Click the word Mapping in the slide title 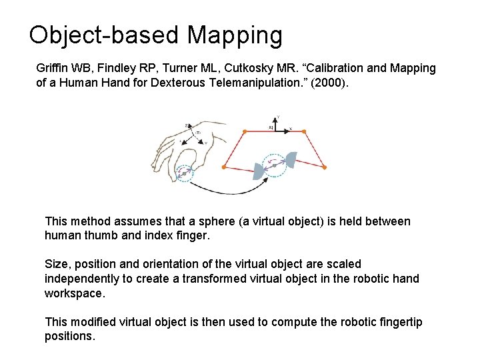(235, 35)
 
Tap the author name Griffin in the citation (52, 69)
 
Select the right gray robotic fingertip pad (290, 160)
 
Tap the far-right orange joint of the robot (325, 167)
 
